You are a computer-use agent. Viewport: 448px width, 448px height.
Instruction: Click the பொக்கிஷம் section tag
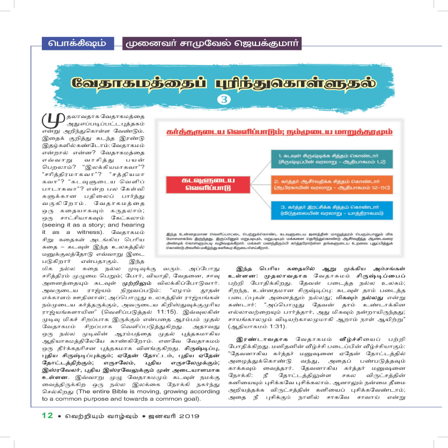coord(76,42)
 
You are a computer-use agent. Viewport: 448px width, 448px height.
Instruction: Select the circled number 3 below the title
coord(224,99)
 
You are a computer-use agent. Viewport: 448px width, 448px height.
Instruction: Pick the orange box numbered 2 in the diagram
coord(334,186)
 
